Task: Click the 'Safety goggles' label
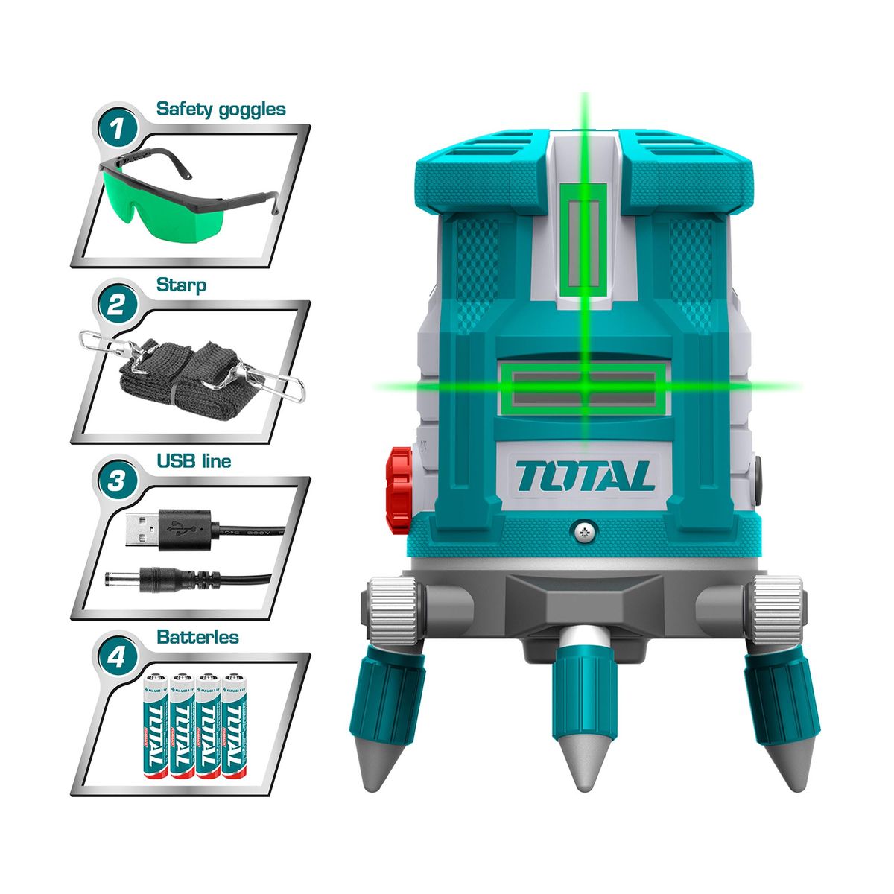coord(221,109)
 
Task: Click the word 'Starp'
coord(181,285)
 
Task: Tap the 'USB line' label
coord(194,461)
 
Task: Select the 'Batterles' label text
coord(197,638)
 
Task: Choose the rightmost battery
coord(233,726)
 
